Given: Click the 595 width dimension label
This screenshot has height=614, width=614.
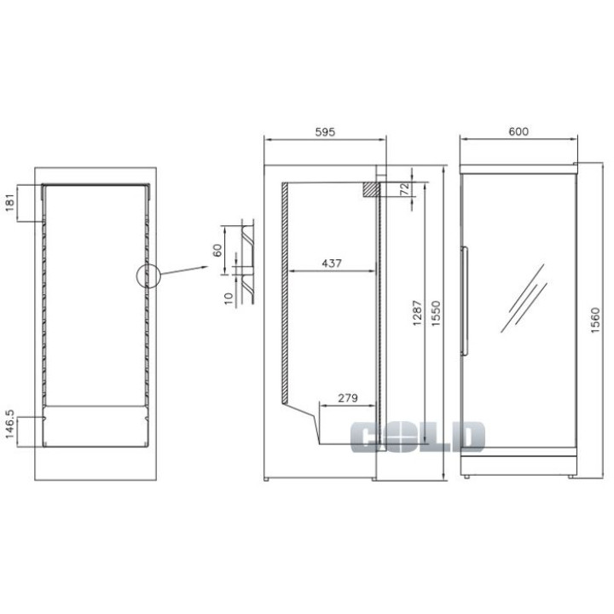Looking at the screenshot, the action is tap(325, 132).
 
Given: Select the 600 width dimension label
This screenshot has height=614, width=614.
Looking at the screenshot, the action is tap(518, 131).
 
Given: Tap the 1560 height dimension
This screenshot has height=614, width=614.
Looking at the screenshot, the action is tap(595, 321).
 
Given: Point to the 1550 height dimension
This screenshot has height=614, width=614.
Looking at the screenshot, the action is tap(436, 313).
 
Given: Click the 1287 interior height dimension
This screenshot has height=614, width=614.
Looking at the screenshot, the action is tap(417, 313).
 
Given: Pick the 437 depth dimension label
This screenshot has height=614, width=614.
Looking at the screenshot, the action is tap(331, 264).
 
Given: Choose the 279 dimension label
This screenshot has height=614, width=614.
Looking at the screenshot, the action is tap(348, 398).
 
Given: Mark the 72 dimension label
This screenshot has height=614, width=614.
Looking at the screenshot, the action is tap(405, 188).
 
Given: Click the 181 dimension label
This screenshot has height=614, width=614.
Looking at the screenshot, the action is tap(10, 203).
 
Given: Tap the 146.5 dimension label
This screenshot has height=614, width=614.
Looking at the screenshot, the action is tap(9, 424).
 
